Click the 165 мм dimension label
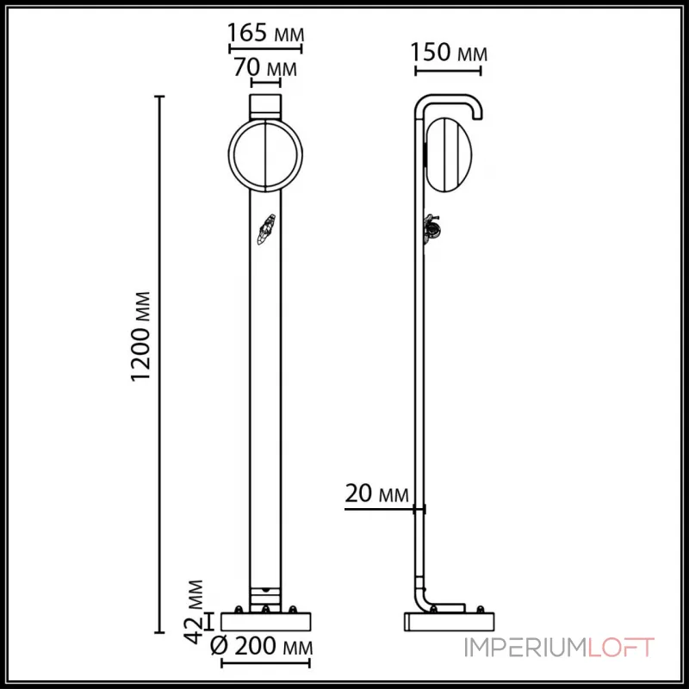coord(264,33)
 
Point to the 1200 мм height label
coord(144,337)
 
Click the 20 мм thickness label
coord(376,493)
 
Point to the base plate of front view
coord(265,621)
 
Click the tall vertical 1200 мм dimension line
coord(159,362)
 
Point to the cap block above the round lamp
coord(265,107)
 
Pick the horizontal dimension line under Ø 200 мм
coord(265,664)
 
